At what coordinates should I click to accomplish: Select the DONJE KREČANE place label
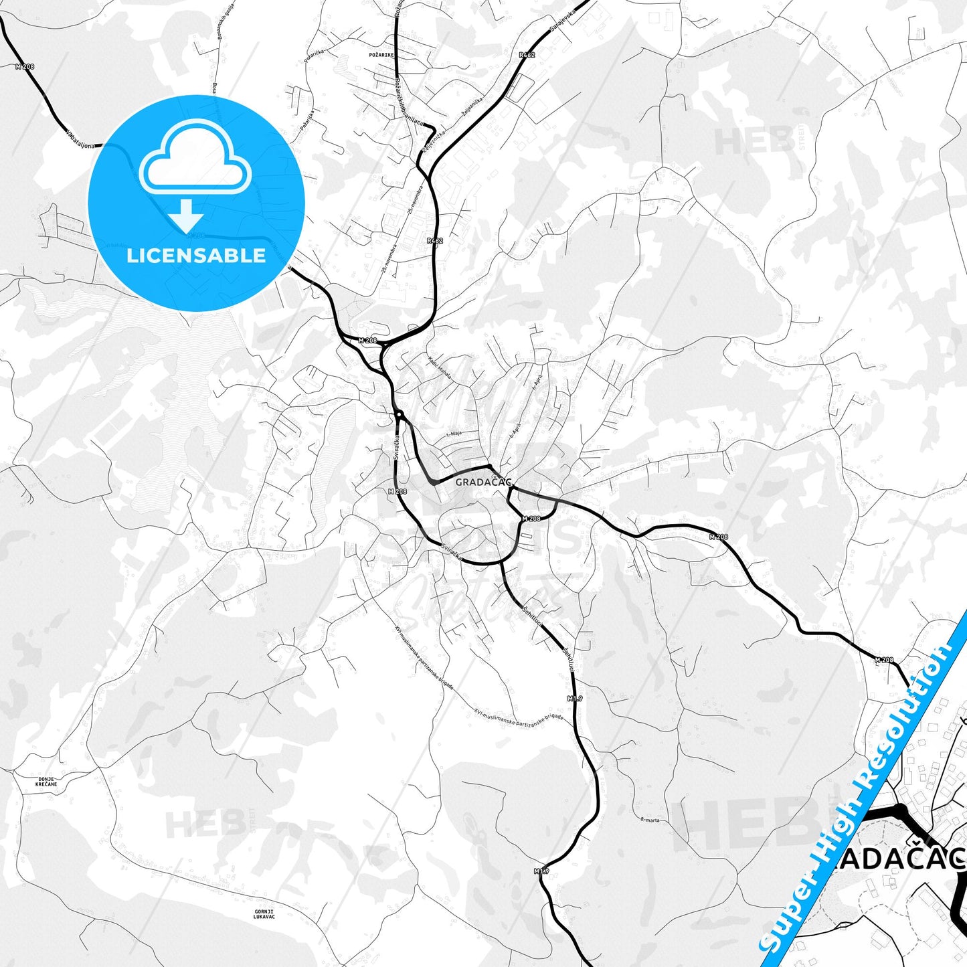coord(47,782)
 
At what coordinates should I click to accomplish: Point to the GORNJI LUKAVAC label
coord(264,913)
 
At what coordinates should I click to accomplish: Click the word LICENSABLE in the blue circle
coord(196,256)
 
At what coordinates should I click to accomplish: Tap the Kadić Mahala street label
coord(440,369)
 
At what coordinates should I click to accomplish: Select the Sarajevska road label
coord(562,20)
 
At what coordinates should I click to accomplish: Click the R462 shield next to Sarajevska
coord(527,55)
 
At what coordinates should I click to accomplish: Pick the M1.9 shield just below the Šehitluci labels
coord(575,699)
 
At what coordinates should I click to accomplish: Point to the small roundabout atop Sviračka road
coord(398,415)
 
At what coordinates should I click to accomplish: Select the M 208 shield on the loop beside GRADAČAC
coord(531,519)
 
